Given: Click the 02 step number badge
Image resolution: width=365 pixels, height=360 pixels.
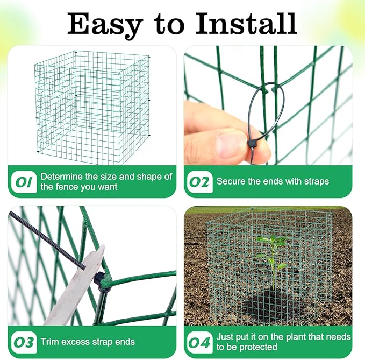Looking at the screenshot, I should pyautogui.click(x=199, y=182).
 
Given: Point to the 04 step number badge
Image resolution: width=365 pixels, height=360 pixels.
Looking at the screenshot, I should pyautogui.click(x=199, y=342).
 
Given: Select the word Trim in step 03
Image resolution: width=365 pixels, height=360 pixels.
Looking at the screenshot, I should pyautogui.click(x=51, y=342).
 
